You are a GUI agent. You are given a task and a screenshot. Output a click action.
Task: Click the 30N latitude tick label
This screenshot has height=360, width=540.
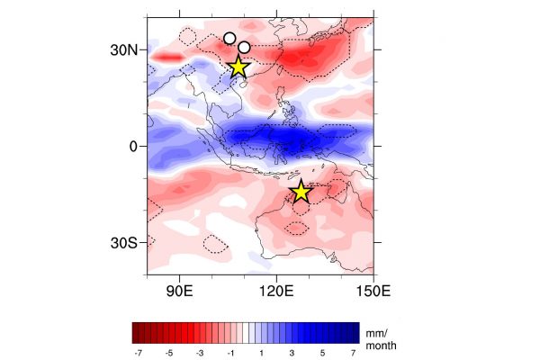[x=124, y=50]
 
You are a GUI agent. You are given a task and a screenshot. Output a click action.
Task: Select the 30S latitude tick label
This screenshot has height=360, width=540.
[x=124, y=243]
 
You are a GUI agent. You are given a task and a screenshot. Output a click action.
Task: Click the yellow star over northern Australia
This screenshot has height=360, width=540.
[x=301, y=192]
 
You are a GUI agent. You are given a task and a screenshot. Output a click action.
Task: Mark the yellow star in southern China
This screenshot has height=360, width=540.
[x=238, y=67]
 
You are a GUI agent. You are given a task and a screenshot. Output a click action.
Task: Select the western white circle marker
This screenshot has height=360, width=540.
[x=229, y=39]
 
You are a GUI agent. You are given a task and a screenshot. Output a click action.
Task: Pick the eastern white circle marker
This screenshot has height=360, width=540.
[x=244, y=47]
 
